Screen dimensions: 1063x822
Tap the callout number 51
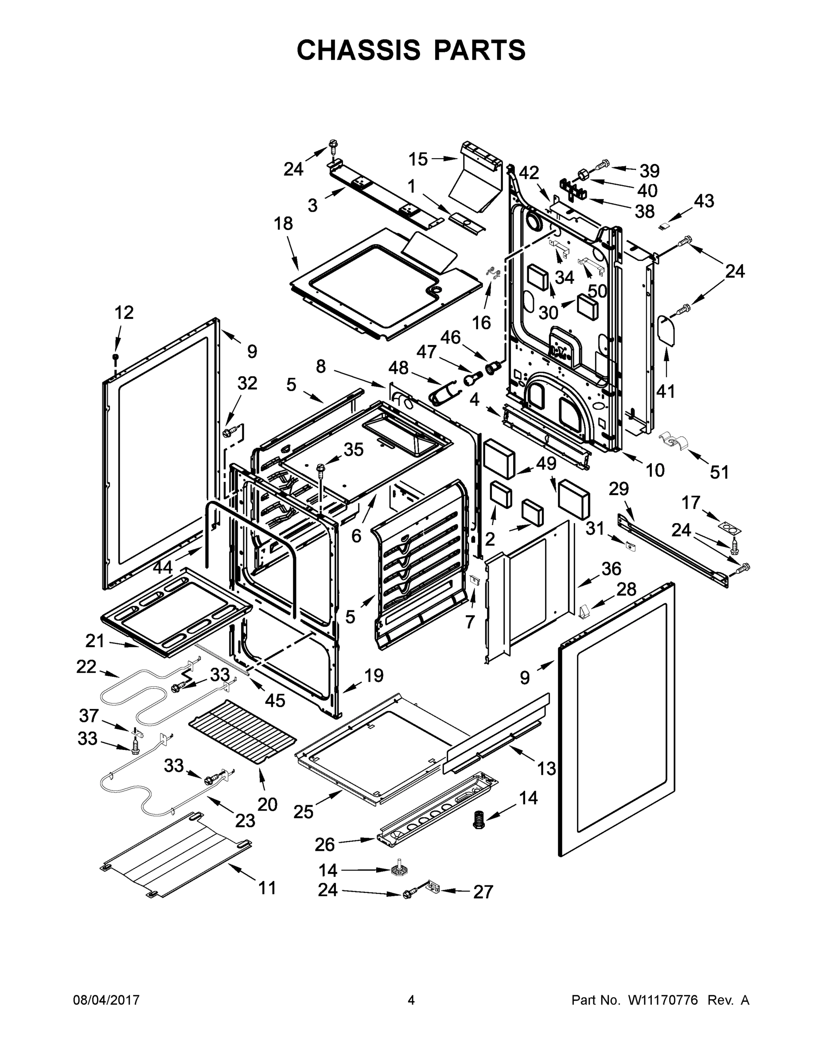coord(719,472)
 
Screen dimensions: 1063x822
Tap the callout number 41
coord(666,390)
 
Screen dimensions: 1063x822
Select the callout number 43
coord(704,201)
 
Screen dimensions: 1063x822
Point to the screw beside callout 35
coord(321,468)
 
